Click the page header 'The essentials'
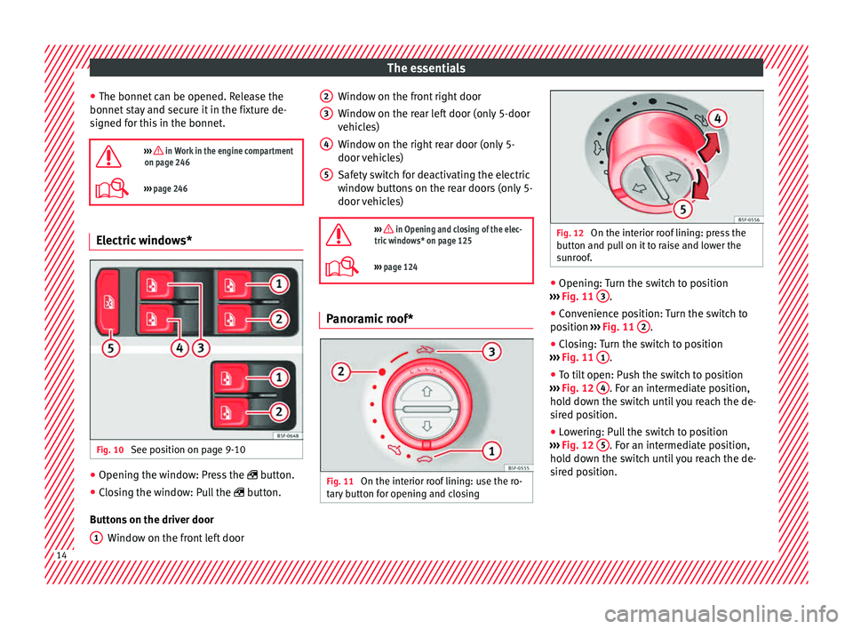coord(426,68)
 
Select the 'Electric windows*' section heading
coord(144,241)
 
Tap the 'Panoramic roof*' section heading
coord(370,319)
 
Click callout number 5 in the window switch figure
coord(110,347)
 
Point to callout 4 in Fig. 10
coord(179,347)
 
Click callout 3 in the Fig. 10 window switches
coord(200,347)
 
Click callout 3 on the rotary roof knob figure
coord(491,352)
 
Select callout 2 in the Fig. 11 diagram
coord(341,372)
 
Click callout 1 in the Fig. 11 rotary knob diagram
coord(491,450)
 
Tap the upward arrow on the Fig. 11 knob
coord(426,391)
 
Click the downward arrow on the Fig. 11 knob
coord(426,426)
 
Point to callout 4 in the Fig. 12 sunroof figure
coord(718,118)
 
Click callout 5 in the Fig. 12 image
coord(682,209)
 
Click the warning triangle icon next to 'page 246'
coord(108,156)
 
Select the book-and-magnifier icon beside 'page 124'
coord(341,267)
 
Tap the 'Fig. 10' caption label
coord(110,450)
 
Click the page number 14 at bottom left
coord(61,555)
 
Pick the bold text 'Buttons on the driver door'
coord(152,520)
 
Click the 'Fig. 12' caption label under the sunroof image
coord(570,234)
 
